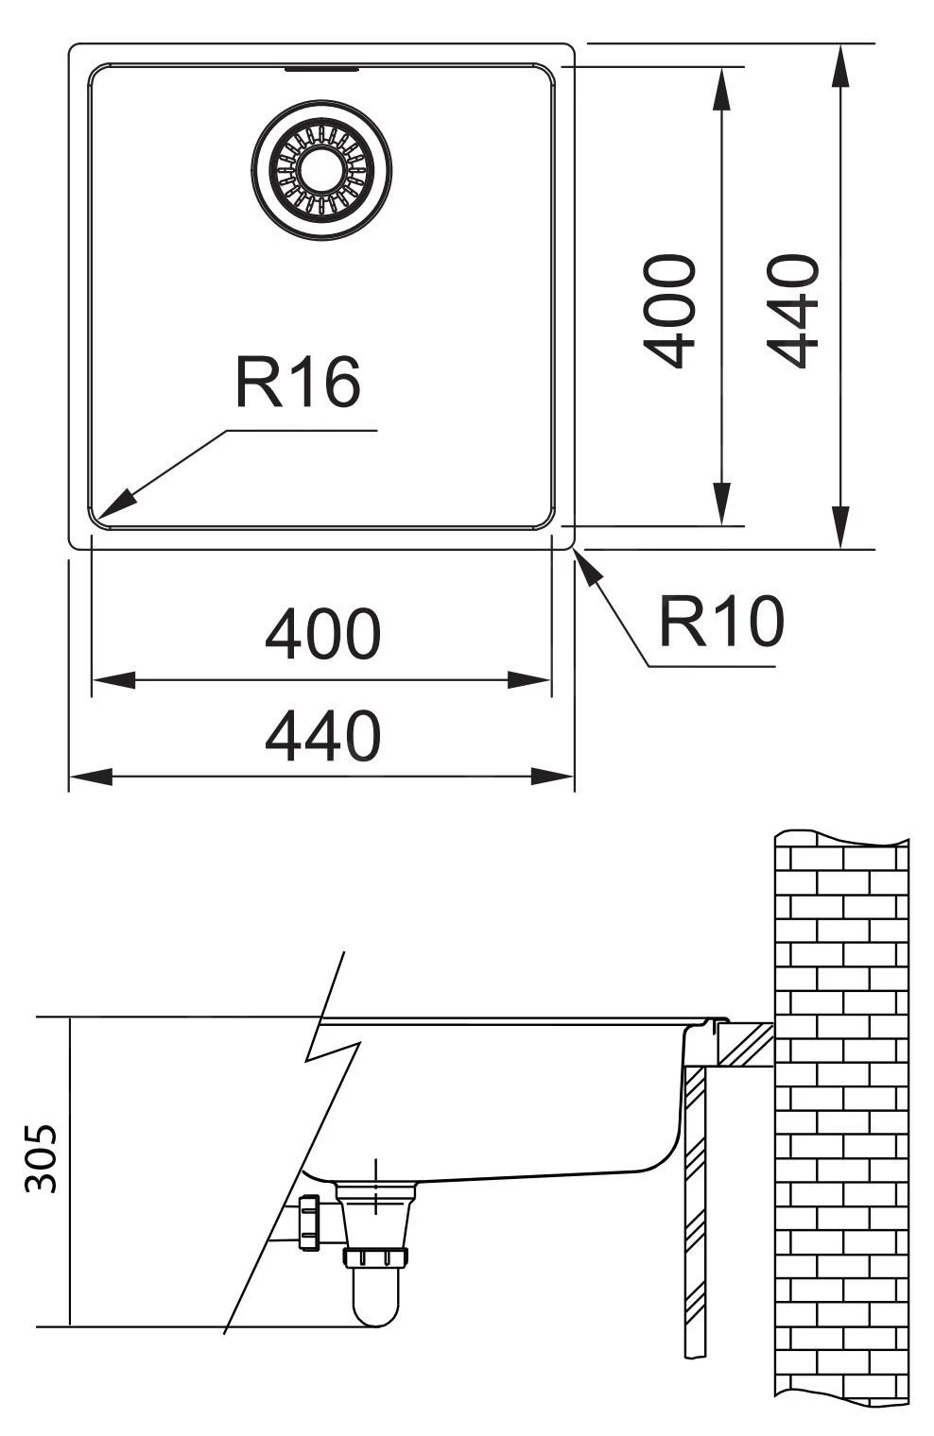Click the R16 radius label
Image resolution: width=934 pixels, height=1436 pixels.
tap(298, 383)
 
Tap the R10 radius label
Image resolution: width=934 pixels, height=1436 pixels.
tap(721, 622)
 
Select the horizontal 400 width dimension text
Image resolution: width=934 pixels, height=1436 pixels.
tap(322, 634)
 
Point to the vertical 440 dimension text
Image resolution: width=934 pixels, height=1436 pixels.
tap(791, 310)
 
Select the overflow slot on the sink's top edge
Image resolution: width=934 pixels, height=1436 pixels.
tap(321, 69)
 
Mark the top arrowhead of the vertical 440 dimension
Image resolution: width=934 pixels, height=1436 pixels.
tap(839, 66)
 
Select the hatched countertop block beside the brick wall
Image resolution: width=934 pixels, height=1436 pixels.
tap(745, 1044)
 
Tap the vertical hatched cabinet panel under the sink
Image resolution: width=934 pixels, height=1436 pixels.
tap(695, 1209)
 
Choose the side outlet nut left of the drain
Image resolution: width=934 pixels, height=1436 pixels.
tap(308, 1222)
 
